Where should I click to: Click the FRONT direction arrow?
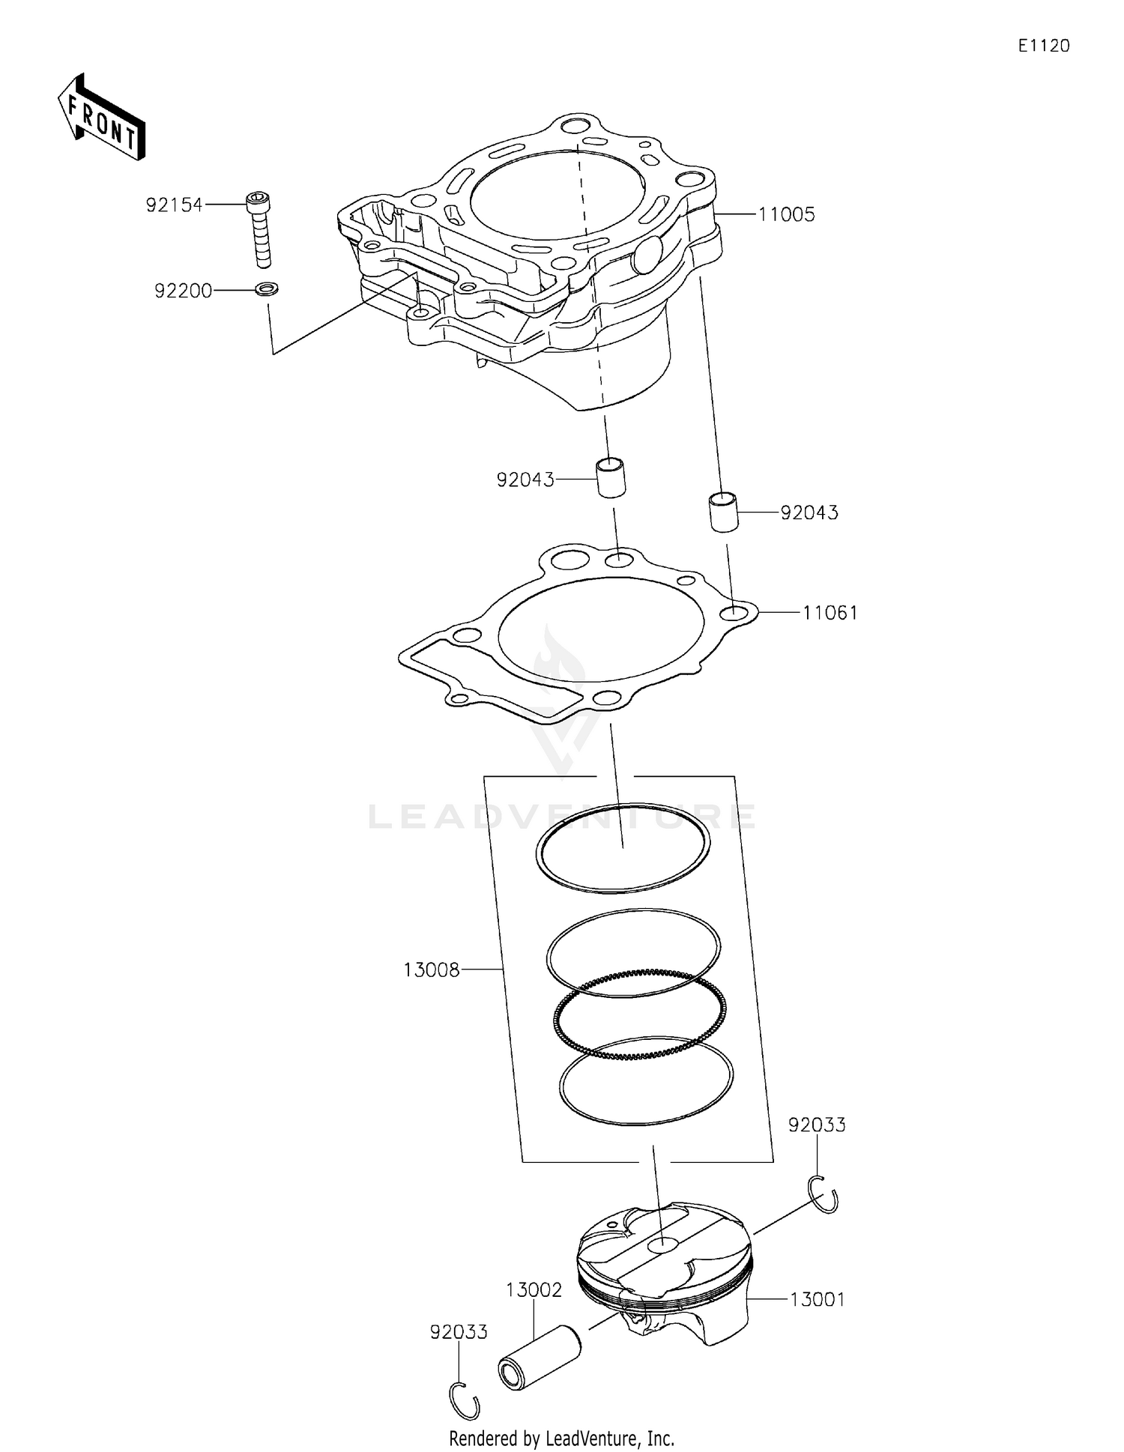pyautogui.click(x=101, y=118)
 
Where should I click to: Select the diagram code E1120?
pyautogui.click(x=1043, y=46)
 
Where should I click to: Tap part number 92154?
pyautogui.click(x=174, y=205)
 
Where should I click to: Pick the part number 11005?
pyautogui.click(x=786, y=214)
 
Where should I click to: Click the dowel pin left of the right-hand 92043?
pyautogui.click(x=724, y=512)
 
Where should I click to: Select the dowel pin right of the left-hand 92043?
pyautogui.click(x=611, y=477)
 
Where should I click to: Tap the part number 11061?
pyautogui.click(x=830, y=613)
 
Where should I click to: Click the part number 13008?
pyautogui.click(x=431, y=969)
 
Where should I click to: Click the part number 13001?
pyautogui.click(x=817, y=1299)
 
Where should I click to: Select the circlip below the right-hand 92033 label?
pyautogui.click(x=824, y=1194)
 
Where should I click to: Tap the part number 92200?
pyautogui.click(x=183, y=291)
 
